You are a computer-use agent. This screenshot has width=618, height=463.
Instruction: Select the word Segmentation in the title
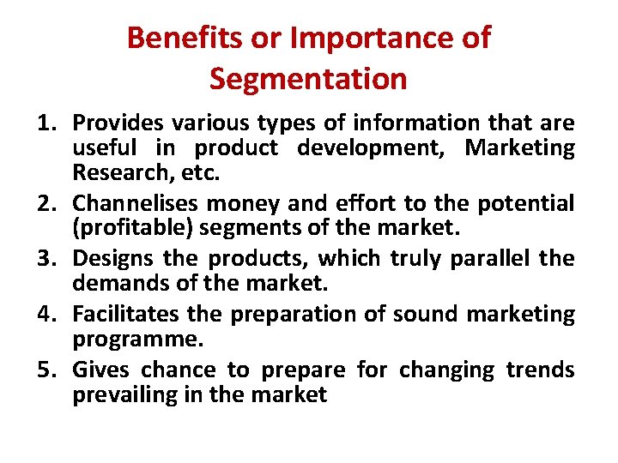pyautogui.click(x=308, y=79)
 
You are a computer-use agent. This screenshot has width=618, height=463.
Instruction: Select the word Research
pyautogui.click(x=115, y=174)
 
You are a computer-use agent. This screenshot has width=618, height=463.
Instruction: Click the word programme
pyautogui.click(x=138, y=340)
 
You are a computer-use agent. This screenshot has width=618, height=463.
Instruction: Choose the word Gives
pyautogui.click(x=99, y=370)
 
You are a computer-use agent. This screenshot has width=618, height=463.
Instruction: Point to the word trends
pyautogui.click(x=540, y=370)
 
